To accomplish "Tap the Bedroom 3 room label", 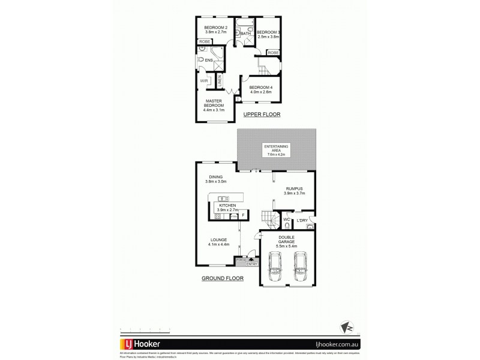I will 269,34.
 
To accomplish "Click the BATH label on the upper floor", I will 245,34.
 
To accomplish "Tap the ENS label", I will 209,60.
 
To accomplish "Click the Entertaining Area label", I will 277,150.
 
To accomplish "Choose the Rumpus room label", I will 295,190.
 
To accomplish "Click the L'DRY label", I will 302,221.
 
